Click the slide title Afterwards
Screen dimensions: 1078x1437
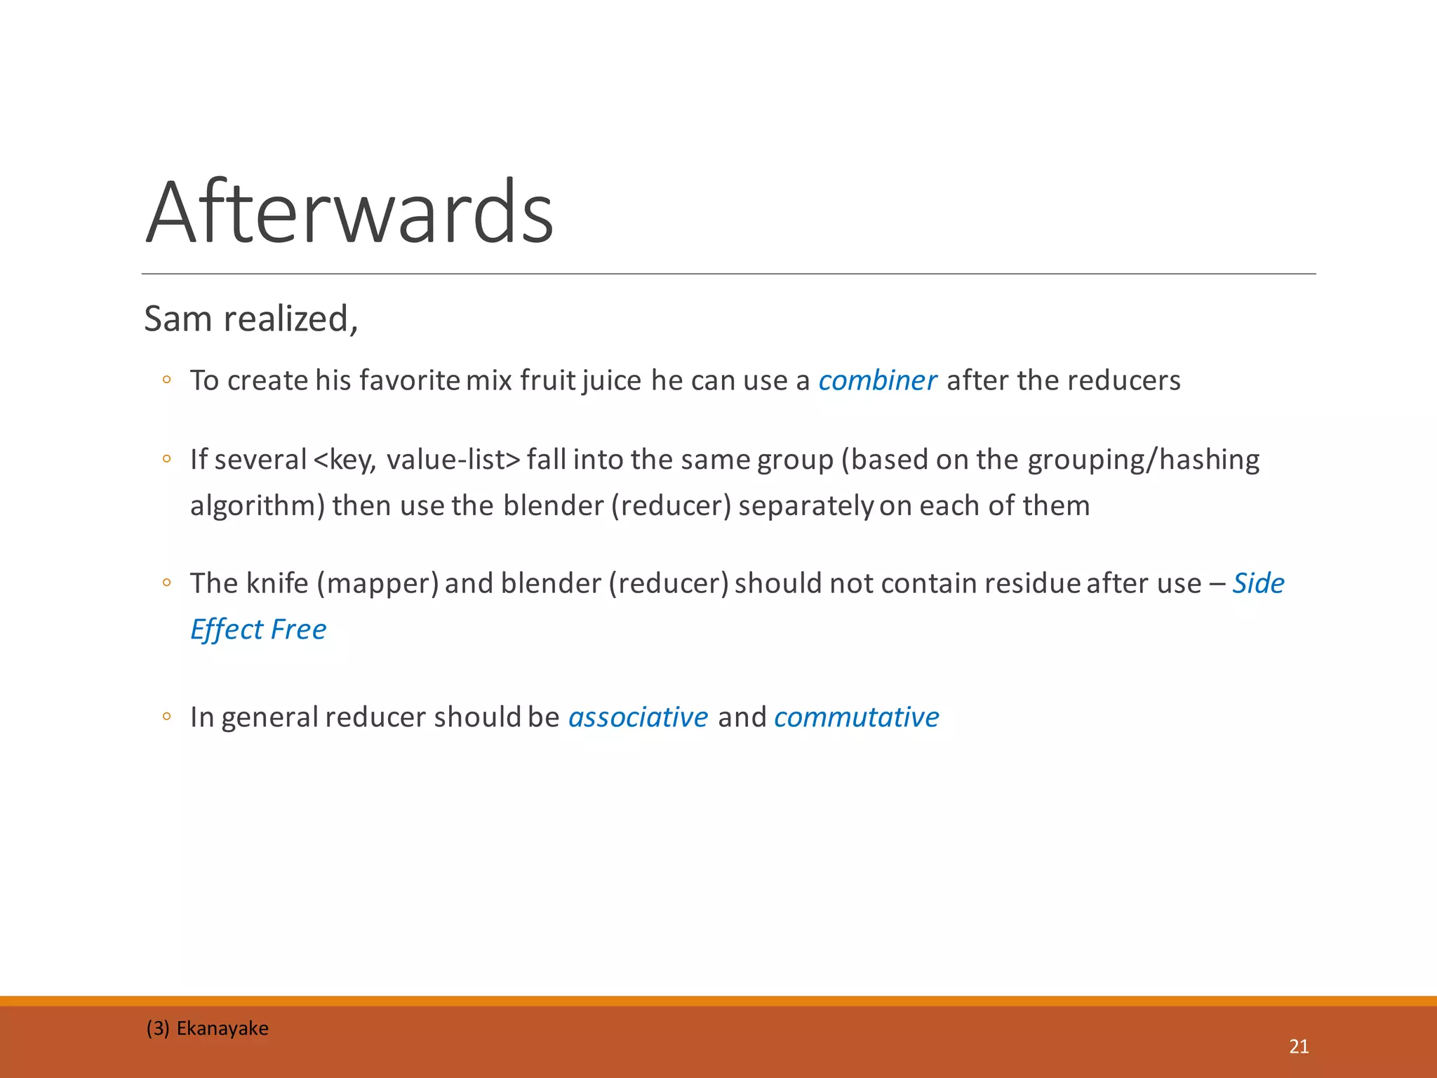(349, 212)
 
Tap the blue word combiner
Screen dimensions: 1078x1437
(877, 380)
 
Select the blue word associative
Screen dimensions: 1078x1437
(638, 717)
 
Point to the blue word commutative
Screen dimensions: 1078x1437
(856, 717)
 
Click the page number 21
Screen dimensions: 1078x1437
(1299, 1046)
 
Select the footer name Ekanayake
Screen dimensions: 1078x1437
(222, 1028)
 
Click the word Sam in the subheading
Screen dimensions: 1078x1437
(178, 319)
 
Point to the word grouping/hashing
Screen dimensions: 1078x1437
(1144, 460)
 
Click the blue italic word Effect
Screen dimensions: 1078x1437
(227, 630)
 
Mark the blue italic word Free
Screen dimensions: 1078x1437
(298, 630)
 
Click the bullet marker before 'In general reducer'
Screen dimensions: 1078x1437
(166, 717)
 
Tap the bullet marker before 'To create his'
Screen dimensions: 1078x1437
(166, 380)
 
